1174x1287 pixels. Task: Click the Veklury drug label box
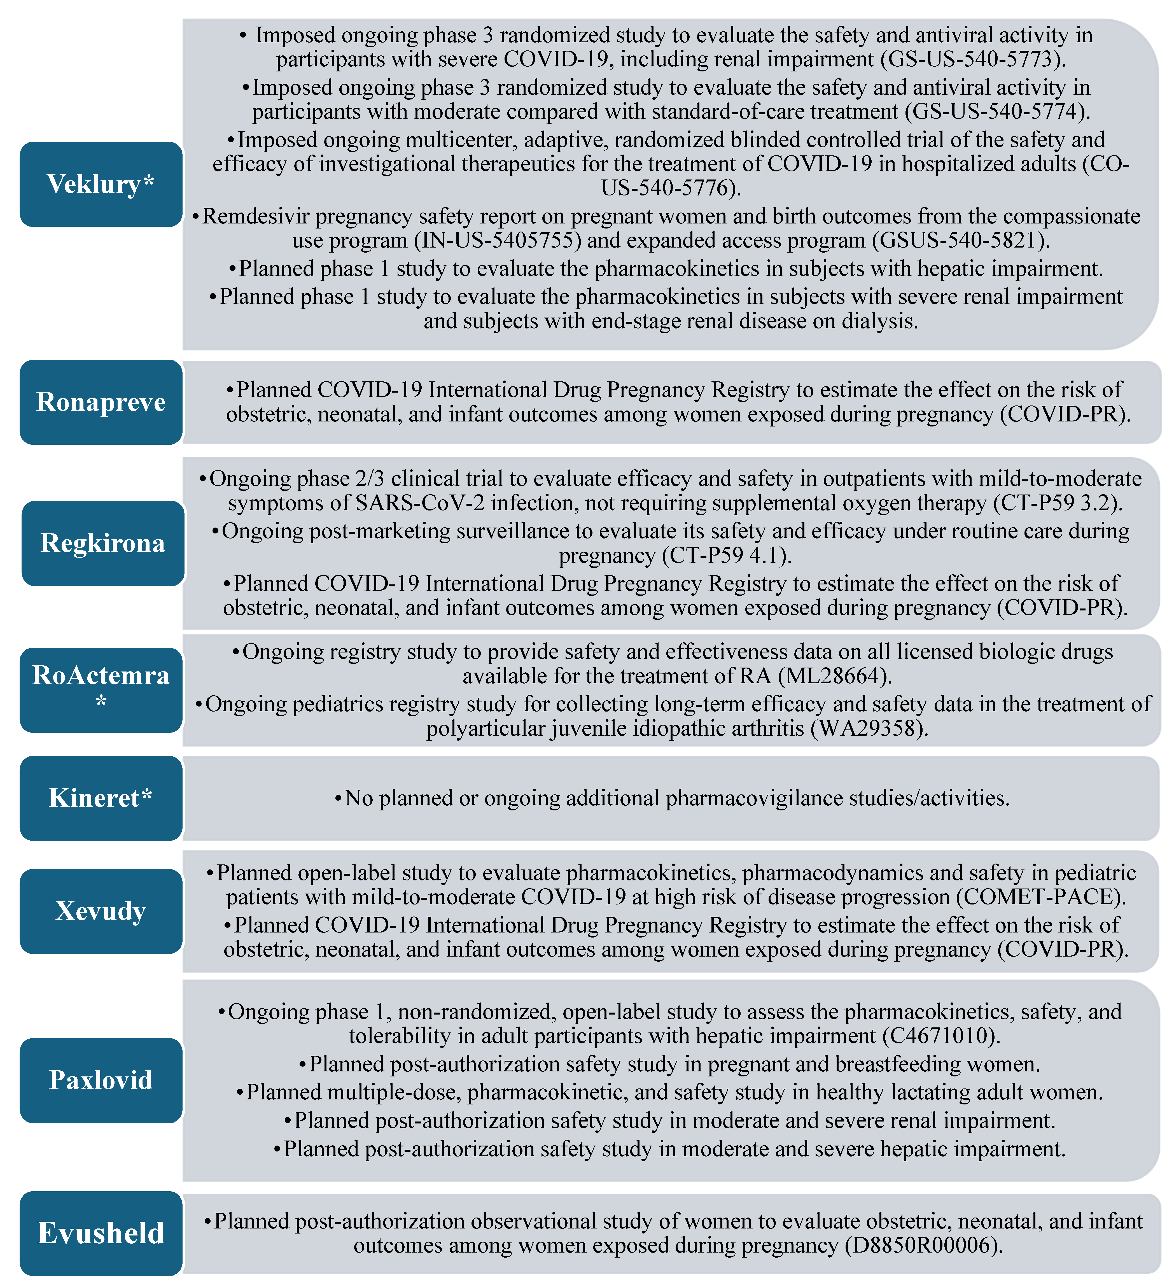click(101, 184)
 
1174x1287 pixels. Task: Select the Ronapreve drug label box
click(101, 402)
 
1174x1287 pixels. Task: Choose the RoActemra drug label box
click(101, 689)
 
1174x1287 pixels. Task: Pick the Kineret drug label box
click(101, 798)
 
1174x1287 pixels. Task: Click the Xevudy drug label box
click(101, 911)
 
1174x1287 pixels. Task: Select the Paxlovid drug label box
click(101, 1080)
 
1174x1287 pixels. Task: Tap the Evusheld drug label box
click(101, 1233)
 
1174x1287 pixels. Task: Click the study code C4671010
click(939, 1036)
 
